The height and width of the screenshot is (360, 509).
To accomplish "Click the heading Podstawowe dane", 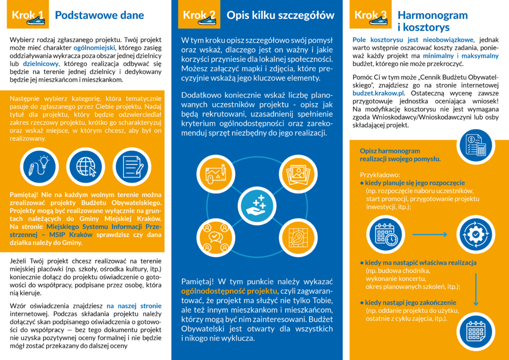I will pyautogui.click(x=99, y=15).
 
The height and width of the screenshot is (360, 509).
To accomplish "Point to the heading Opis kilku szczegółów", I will pyautogui.click(x=280, y=15).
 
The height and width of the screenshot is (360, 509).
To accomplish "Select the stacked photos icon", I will pyautogui.click(x=298, y=172).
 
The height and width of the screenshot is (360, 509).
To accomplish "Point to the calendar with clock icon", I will pyautogui.click(x=385, y=234).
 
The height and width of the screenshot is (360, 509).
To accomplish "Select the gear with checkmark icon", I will pyautogui.click(x=476, y=234).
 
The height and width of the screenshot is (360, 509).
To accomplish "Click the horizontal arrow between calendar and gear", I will pyautogui.click(x=430, y=234).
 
